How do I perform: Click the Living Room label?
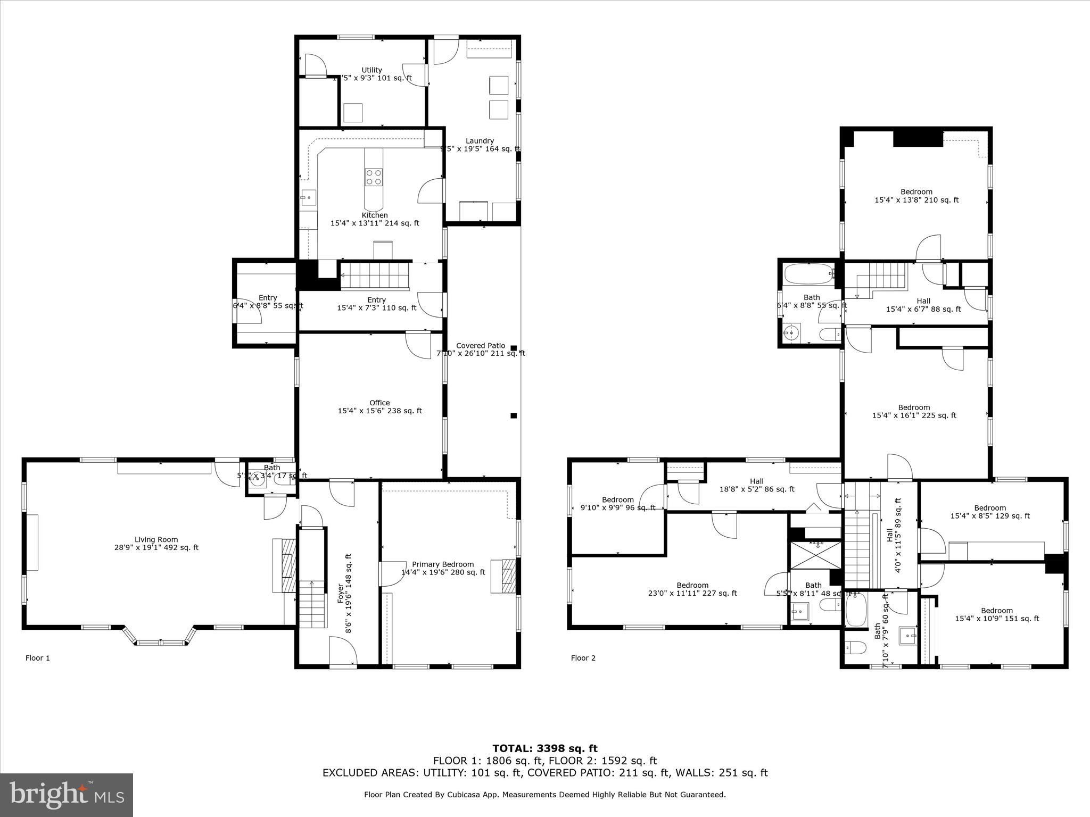pyautogui.click(x=156, y=543)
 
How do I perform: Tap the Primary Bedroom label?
pyautogui.click(x=443, y=568)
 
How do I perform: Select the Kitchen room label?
pyautogui.click(x=375, y=219)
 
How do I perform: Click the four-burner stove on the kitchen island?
pyautogui.click(x=373, y=177)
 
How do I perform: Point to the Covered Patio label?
pyautogui.click(x=481, y=349)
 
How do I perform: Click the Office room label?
pyautogui.click(x=379, y=406)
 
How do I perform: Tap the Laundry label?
pyautogui.click(x=480, y=145)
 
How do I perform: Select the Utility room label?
pyautogui.click(x=371, y=73)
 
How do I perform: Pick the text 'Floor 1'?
pyautogui.click(x=38, y=658)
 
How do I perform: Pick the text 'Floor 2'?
pyautogui.click(x=583, y=658)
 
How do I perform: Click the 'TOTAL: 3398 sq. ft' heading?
pyautogui.click(x=544, y=748)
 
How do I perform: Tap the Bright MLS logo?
pyautogui.click(x=67, y=795)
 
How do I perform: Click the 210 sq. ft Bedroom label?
pyautogui.click(x=916, y=196)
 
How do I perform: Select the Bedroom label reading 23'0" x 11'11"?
pyautogui.click(x=692, y=589)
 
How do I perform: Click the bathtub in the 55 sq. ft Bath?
pyautogui.click(x=808, y=273)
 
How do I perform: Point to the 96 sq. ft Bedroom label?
pyautogui.click(x=618, y=503)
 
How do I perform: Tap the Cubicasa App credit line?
pyautogui.click(x=544, y=795)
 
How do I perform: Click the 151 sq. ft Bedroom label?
pyautogui.click(x=997, y=614)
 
